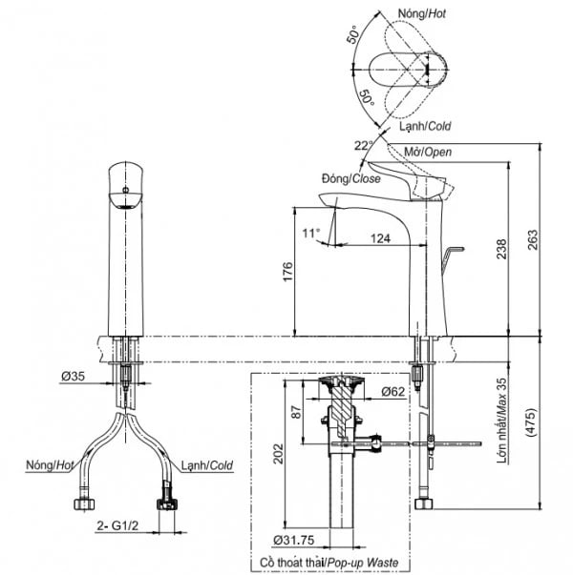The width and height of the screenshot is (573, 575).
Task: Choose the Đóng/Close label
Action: click(x=351, y=178)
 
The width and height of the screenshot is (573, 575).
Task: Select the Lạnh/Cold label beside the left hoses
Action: click(x=207, y=465)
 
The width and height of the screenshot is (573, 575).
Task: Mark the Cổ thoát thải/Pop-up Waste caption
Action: click(x=329, y=564)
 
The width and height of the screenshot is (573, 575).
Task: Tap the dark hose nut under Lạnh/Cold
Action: click(x=169, y=502)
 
